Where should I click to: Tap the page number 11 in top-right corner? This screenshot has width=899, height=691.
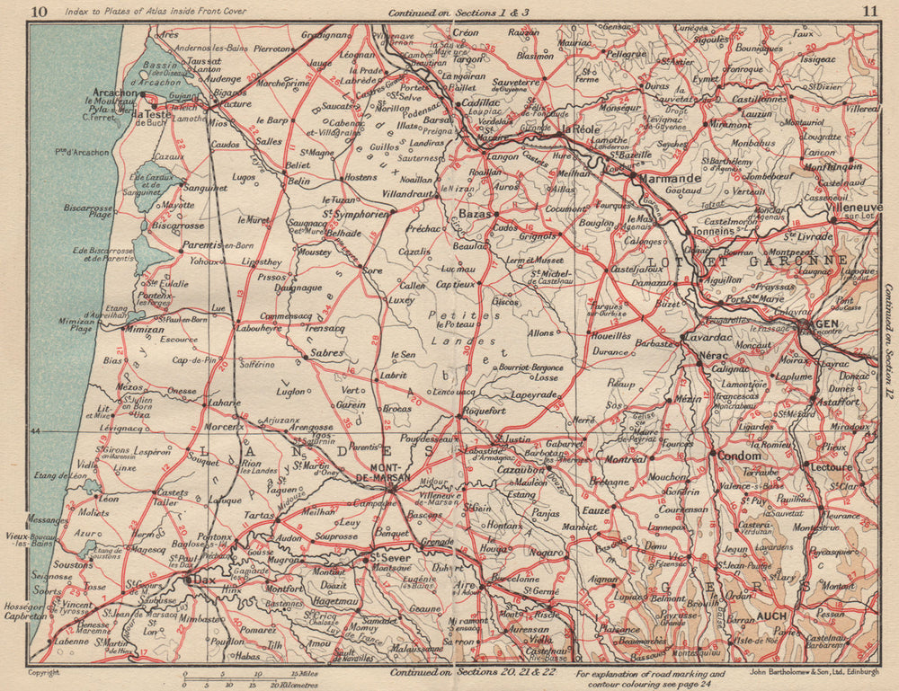coord(868,12)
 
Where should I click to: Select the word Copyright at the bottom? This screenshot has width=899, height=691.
coord(46,672)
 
